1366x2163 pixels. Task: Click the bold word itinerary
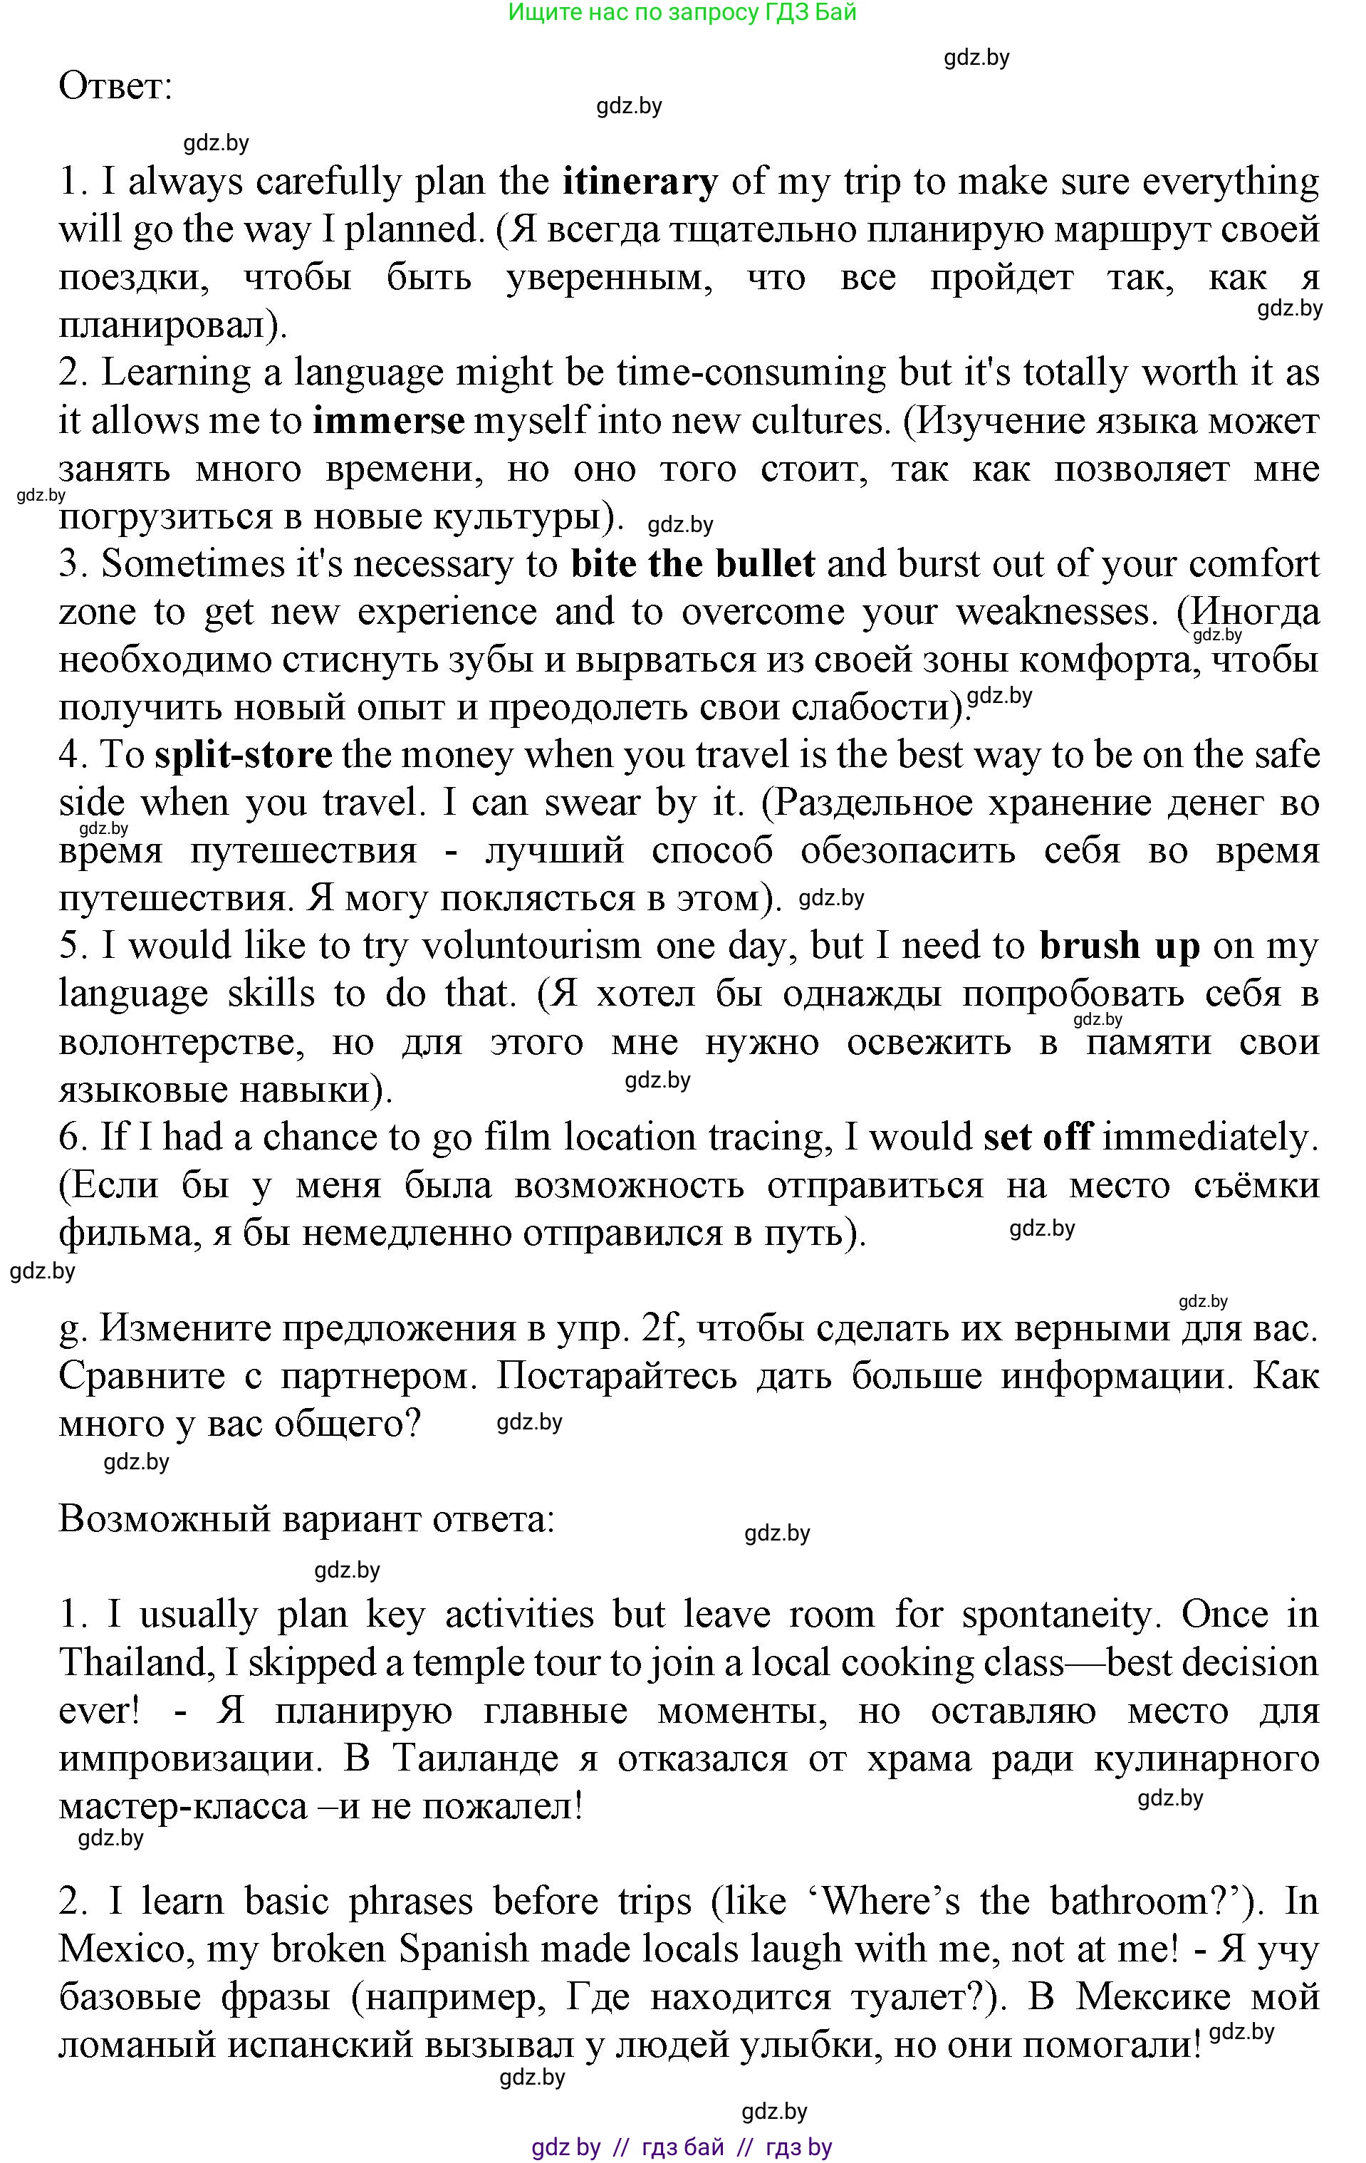(640, 182)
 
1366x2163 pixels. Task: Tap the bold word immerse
(388, 422)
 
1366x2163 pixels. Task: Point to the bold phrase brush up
(1119, 946)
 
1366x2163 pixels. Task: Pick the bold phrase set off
(1037, 1137)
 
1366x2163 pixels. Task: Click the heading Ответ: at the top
(115, 87)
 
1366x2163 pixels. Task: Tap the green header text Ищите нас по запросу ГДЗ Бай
(682, 13)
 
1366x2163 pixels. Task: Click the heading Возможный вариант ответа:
(307, 1519)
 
